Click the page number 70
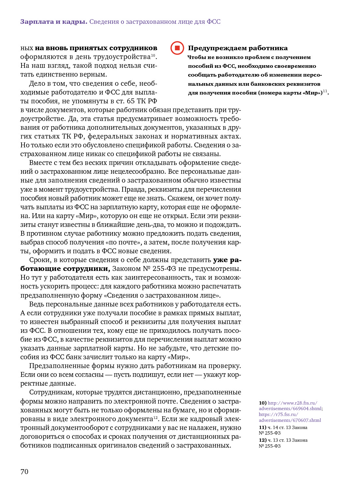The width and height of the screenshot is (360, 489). (24, 472)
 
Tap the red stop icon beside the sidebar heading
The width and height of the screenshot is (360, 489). (177, 48)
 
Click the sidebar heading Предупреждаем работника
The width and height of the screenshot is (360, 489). (238, 48)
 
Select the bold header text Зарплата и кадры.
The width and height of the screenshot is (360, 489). (53, 22)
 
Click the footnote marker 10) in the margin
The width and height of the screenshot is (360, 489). (262, 403)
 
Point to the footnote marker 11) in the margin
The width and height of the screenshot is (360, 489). (262, 427)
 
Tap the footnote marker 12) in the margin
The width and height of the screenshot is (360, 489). (262, 440)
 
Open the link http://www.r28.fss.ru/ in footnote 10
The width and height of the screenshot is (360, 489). (292, 403)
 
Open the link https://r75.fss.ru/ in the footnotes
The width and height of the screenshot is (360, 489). (278, 414)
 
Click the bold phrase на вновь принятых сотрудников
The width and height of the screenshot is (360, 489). (96, 48)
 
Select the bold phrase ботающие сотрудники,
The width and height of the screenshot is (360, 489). (65, 269)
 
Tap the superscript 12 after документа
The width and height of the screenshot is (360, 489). (156, 418)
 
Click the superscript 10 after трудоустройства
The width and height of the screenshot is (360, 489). (153, 55)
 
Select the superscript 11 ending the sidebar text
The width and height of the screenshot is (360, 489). (325, 91)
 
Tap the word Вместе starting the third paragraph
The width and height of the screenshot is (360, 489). (41, 163)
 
